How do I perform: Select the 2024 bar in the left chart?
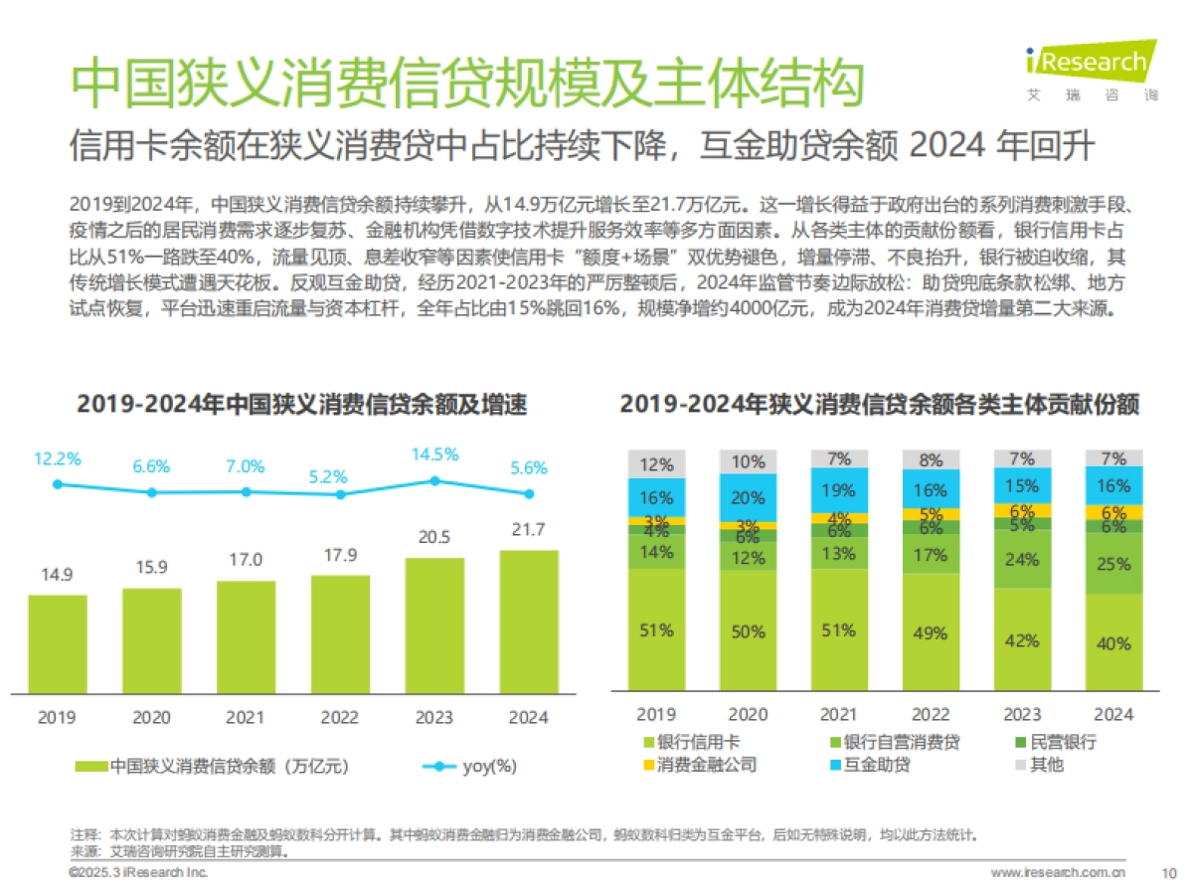[528, 621]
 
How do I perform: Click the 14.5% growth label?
[434, 454]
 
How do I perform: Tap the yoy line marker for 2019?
[58, 484]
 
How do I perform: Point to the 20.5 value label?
[434, 537]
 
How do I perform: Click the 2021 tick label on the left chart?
[246, 717]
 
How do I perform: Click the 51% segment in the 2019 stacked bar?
[657, 629]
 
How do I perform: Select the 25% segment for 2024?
[1113, 564]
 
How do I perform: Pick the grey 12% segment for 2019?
[657, 463]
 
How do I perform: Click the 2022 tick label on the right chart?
[932, 714]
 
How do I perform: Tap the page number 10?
[1168, 873]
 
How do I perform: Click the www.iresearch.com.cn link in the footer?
[1058, 873]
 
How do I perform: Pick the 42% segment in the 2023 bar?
[1022, 640]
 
